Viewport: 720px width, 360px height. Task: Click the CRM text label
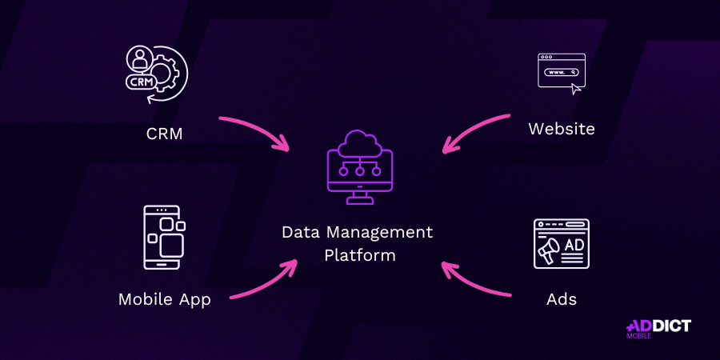click(x=164, y=133)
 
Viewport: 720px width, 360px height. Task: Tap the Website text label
click(x=562, y=128)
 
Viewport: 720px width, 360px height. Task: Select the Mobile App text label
click(x=164, y=299)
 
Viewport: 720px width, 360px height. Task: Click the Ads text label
click(x=562, y=299)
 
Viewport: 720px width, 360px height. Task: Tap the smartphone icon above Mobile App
click(x=163, y=238)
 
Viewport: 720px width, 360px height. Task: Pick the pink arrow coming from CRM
click(x=254, y=129)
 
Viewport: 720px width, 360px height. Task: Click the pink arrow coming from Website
click(x=476, y=130)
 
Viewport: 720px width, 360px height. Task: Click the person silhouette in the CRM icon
click(x=139, y=58)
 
